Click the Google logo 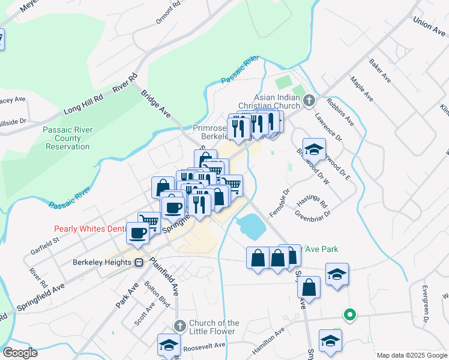(19, 353)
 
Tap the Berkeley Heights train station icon (139, 262)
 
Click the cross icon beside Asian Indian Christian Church (309, 100)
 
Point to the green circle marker (348, 314)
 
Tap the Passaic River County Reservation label (66, 137)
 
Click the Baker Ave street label (380, 71)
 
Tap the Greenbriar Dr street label (313, 213)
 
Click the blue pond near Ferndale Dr (252, 226)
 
